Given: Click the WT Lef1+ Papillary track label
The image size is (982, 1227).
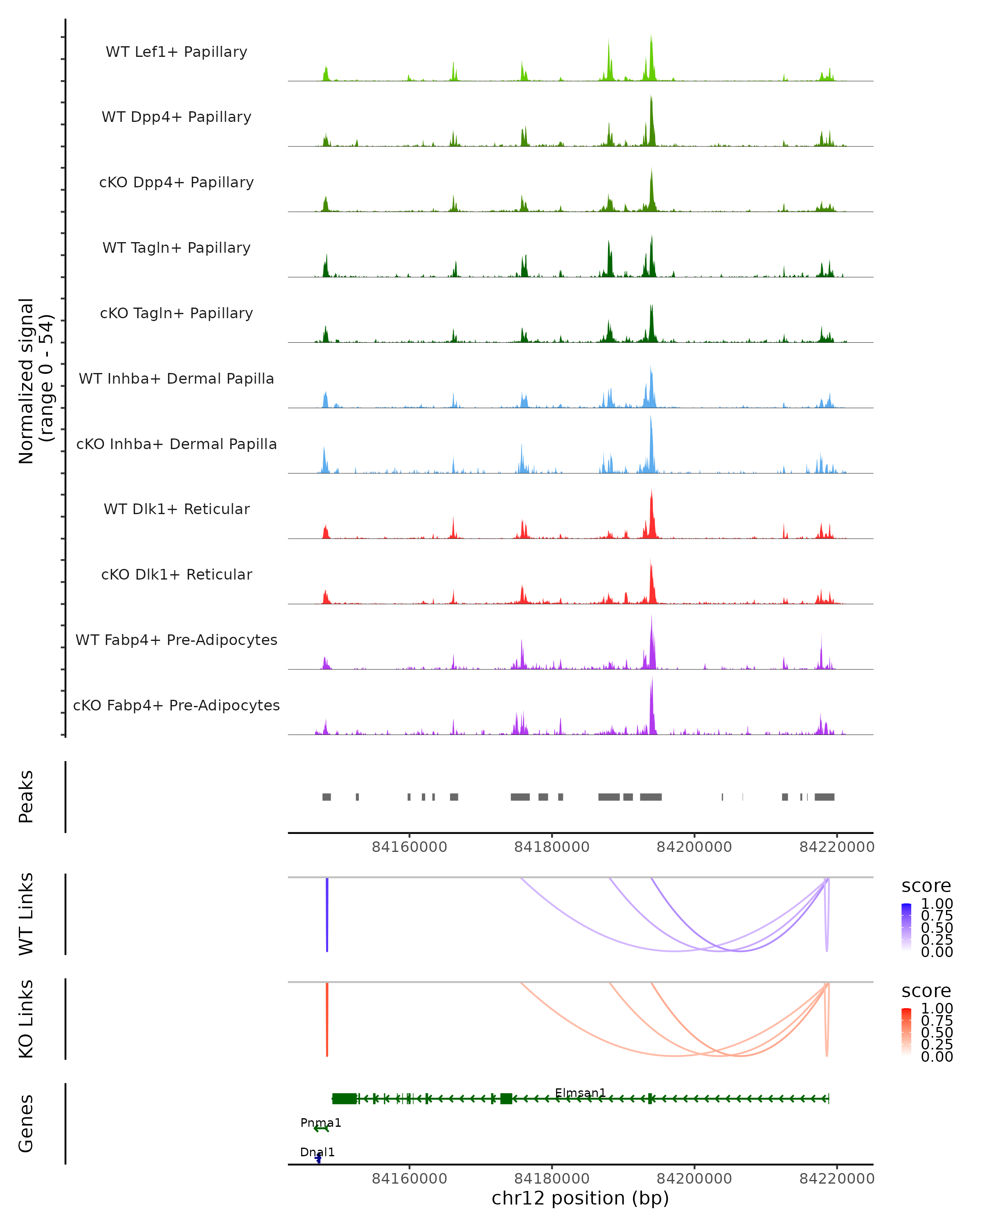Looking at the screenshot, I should [x=176, y=52].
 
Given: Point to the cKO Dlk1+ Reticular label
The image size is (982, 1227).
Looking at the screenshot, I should [x=176, y=574].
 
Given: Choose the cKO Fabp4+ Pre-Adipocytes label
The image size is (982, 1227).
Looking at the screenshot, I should [x=176, y=705].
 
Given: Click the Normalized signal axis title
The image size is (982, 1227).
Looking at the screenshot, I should [x=35, y=381].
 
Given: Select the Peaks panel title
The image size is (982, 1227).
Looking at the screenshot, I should [x=26, y=796].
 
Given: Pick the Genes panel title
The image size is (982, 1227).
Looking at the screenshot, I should [x=26, y=1124].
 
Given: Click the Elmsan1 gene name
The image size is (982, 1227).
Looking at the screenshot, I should [x=580, y=1093].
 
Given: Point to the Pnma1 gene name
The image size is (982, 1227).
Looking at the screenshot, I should [x=320, y=1123].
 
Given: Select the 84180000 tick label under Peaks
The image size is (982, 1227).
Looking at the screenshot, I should [x=552, y=847].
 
